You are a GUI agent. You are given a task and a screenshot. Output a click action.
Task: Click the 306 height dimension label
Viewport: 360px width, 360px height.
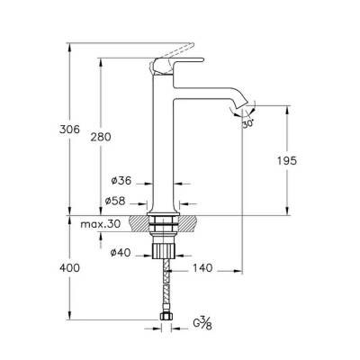(x=69, y=130)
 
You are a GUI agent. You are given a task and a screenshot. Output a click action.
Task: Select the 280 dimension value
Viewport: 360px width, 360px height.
(x=101, y=137)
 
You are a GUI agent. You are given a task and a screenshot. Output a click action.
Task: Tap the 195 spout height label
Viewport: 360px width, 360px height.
(x=286, y=160)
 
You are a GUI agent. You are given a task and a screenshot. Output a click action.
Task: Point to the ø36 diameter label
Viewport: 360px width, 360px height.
(x=121, y=181)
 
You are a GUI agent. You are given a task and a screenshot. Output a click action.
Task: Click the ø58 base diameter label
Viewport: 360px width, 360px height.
(x=115, y=201)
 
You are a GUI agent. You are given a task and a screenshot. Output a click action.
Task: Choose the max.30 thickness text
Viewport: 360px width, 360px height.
(x=101, y=224)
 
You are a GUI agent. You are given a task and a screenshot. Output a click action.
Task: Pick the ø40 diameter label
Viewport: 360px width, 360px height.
(x=121, y=253)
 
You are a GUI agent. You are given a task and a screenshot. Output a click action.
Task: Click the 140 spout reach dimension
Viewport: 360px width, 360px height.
(x=202, y=268)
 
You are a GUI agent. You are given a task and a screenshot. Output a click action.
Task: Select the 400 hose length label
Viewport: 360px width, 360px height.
(x=69, y=267)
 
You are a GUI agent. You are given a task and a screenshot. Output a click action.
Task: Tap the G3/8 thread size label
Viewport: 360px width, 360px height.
(x=202, y=324)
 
